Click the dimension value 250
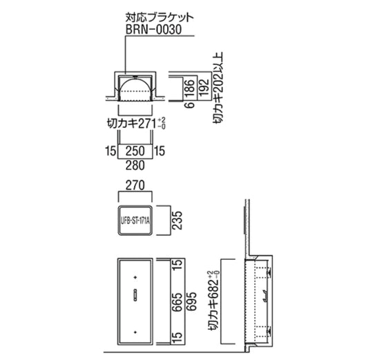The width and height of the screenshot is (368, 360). point(140,150)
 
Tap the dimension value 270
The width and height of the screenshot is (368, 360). point(139,186)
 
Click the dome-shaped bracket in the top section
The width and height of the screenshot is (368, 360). point(139,86)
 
